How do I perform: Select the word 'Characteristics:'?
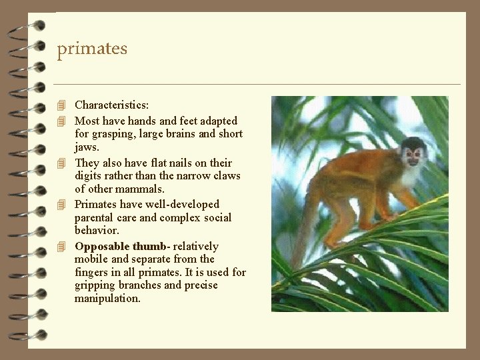(111, 105)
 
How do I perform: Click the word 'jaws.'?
(87, 147)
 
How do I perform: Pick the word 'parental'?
(94, 217)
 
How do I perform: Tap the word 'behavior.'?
(97, 231)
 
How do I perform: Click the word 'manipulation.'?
(107, 299)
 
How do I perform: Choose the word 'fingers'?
(92, 272)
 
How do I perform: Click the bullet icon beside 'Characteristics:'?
(61, 105)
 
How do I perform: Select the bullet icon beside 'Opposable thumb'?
(61, 246)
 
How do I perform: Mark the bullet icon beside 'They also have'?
(61, 163)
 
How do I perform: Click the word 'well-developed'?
(180, 205)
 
